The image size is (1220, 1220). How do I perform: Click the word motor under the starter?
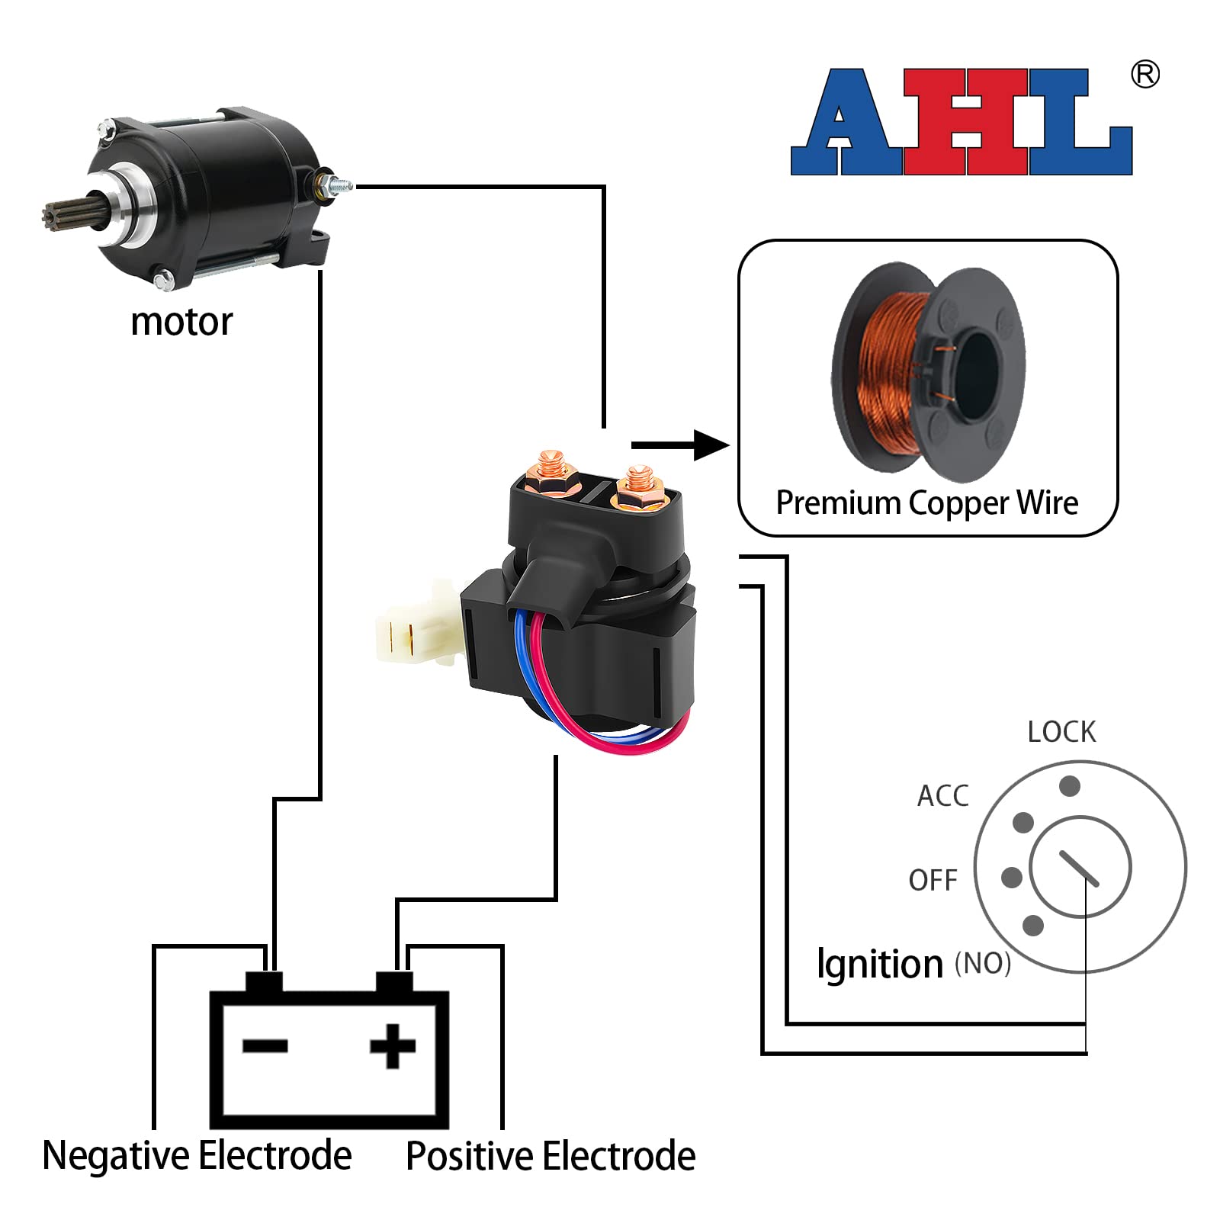pyautogui.click(x=181, y=323)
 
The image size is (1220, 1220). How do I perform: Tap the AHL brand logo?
pyautogui.click(x=961, y=122)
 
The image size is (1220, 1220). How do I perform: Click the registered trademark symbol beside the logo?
pyautogui.click(x=1145, y=75)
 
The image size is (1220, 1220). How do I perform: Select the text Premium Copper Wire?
pyautogui.click(x=926, y=503)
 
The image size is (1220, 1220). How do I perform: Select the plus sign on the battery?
pyautogui.click(x=393, y=1045)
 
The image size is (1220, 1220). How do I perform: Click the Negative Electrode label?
pyautogui.click(x=197, y=1155)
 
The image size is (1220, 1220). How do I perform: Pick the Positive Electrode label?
pyautogui.click(x=551, y=1156)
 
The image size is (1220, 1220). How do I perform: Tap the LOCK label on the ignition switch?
pyautogui.click(x=1061, y=732)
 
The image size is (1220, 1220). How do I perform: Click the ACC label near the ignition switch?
pyautogui.click(x=942, y=796)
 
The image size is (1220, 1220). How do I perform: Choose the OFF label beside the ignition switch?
pyautogui.click(x=933, y=881)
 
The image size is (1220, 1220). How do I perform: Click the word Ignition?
pyautogui.click(x=879, y=965)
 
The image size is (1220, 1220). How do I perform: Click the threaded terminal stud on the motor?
pyautogui.click(x=335, y=185)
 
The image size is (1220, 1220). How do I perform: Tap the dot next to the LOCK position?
pyautogui.click(x=1070, y=785)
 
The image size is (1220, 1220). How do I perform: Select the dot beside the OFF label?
pyautogui.click(x=1012, y=878)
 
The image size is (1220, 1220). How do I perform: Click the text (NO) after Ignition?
pyautogui.click(x=983, y=964)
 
